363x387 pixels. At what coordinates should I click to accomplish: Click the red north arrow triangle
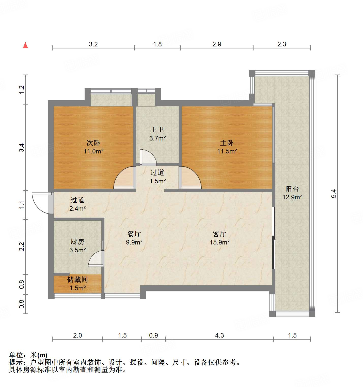25,45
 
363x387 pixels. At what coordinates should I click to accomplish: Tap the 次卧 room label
93,143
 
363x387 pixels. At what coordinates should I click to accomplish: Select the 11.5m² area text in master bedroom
227,151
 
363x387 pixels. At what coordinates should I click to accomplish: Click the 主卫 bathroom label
157,130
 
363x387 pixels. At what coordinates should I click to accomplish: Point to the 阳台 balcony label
292,189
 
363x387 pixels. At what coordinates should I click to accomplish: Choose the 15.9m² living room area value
219,242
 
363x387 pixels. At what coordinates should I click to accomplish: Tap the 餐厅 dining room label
134,234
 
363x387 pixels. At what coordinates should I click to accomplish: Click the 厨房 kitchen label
77,242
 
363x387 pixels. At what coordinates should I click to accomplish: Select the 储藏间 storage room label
77,280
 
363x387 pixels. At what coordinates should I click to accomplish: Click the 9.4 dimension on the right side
334,194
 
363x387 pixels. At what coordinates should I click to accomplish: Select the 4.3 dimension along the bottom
219,336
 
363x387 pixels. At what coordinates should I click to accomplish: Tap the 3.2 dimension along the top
93,44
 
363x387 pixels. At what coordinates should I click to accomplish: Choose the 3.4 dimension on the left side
22,148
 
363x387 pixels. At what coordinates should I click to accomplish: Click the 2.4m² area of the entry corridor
77,209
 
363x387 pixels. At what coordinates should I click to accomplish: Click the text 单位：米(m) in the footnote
28,355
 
